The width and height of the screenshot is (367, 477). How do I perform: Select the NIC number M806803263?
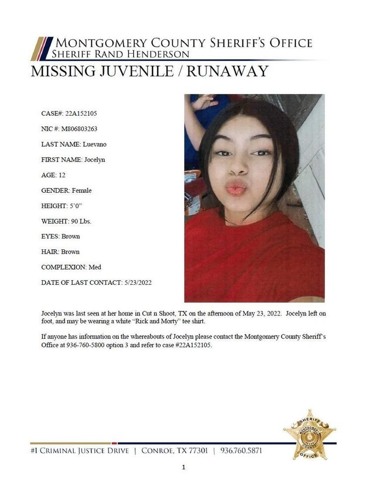coord(79,129)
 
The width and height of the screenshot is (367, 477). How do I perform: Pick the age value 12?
coord(62,175)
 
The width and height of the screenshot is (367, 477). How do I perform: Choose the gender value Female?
coord(81,190)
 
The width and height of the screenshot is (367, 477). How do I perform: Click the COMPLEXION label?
coord(64,267)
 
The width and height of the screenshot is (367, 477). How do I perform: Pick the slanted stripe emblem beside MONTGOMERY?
coord(41,48)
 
